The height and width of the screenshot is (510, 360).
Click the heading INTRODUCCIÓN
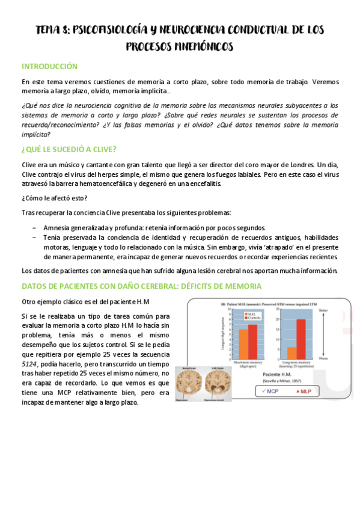coord(49,66)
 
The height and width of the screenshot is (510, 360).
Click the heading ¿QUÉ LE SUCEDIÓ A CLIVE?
coord(69,149)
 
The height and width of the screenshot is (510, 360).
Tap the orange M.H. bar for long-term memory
coord(291,352)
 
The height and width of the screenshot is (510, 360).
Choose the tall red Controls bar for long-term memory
coord(301,337)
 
